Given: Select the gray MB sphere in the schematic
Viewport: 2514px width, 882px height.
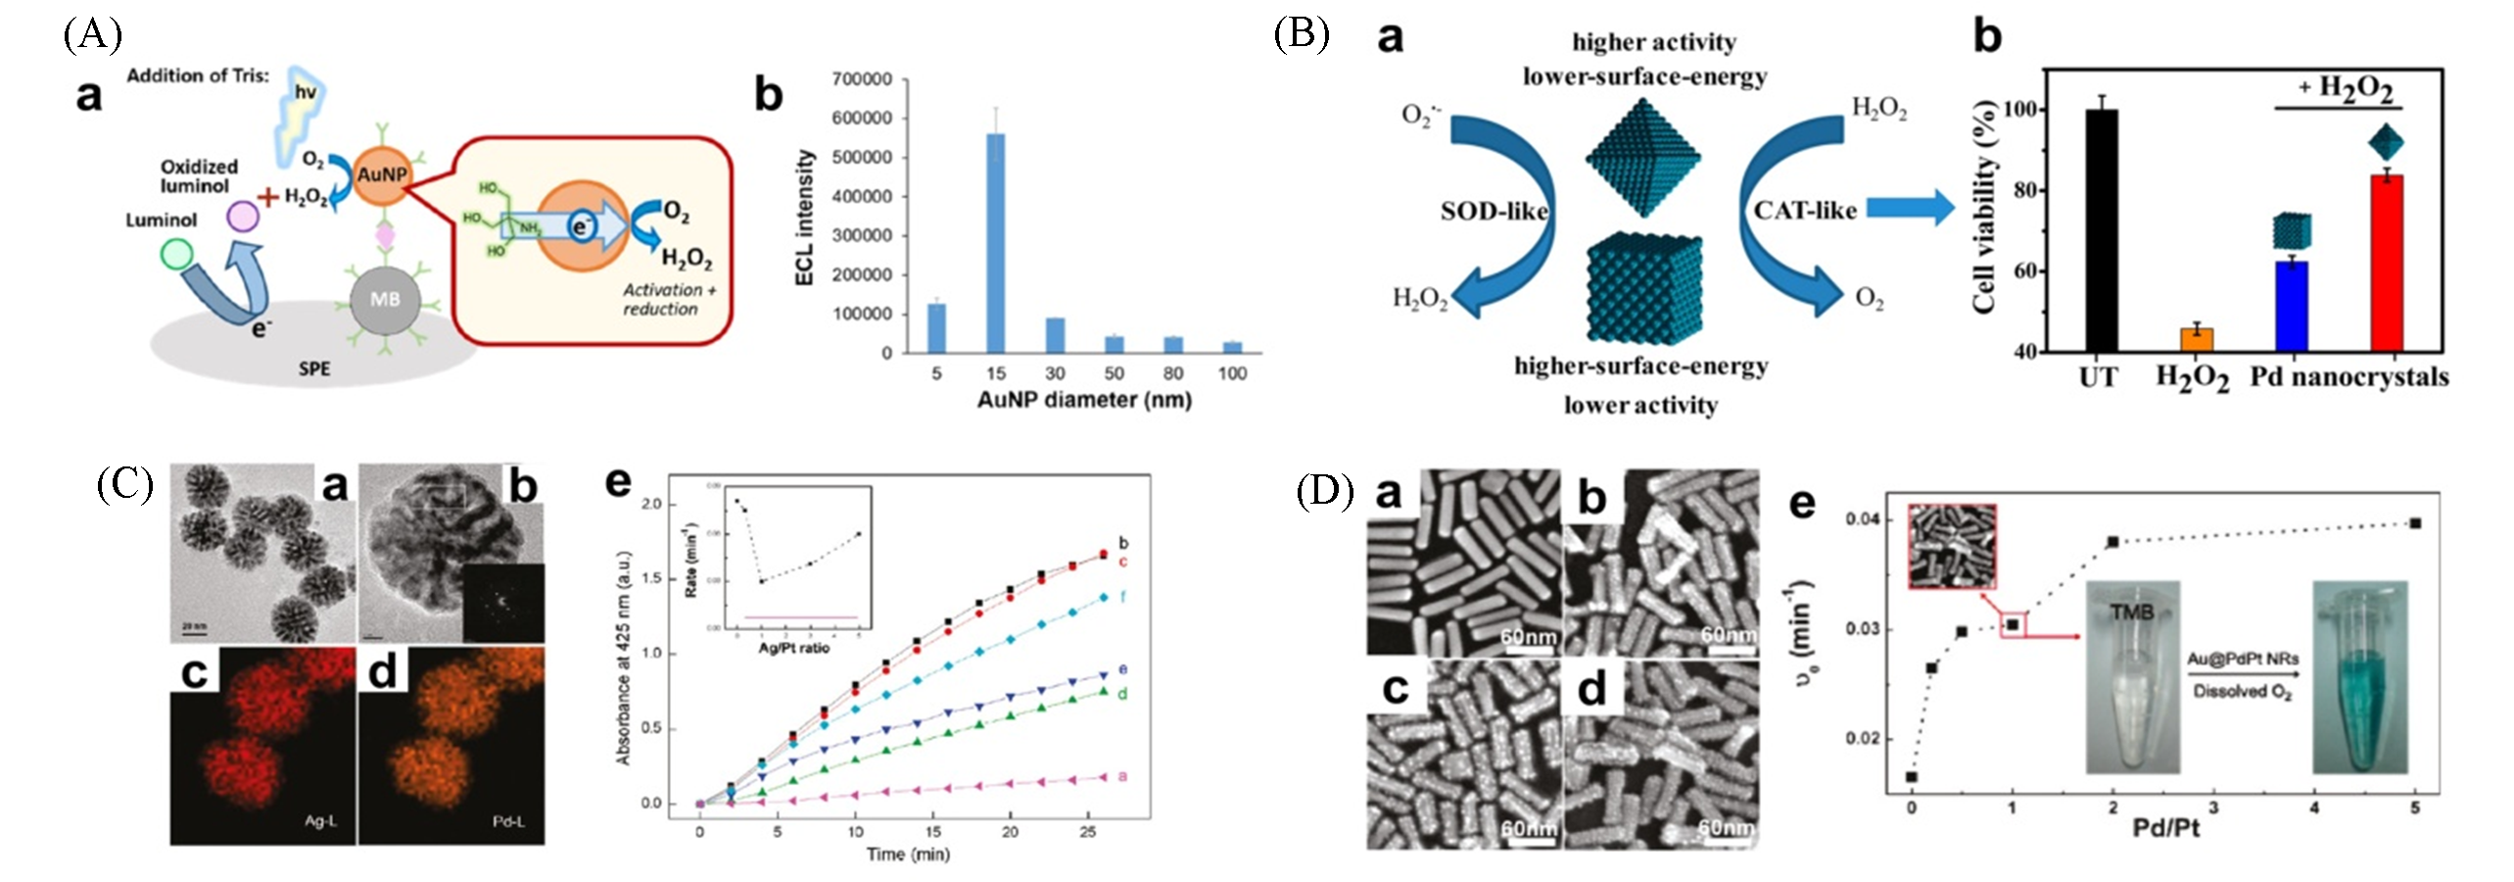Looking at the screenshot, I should (385, 299).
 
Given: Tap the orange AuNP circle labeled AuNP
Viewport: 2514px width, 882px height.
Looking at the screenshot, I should (382, 175).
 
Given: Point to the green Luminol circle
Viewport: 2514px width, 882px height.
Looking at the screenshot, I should (176, 256).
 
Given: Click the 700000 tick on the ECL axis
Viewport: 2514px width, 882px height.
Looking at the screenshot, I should (862, 78).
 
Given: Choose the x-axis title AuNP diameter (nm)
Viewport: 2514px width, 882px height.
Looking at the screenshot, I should (1084, 400).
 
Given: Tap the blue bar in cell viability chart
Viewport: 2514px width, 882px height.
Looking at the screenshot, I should (2292, 305).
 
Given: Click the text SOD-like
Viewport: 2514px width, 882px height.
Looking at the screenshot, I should (1494, 211).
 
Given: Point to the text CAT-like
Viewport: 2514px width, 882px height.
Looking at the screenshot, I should (1805, 211).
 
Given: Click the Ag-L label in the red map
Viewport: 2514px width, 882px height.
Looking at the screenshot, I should (320, 820).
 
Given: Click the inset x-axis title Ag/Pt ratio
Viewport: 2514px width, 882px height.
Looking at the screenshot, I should (793, 648).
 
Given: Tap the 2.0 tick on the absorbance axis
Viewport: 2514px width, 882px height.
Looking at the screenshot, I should (650, 504).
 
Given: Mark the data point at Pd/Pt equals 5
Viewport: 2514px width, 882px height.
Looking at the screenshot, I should (2415, 523).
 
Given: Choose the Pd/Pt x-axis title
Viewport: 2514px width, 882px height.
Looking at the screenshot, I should (2166, 829).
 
